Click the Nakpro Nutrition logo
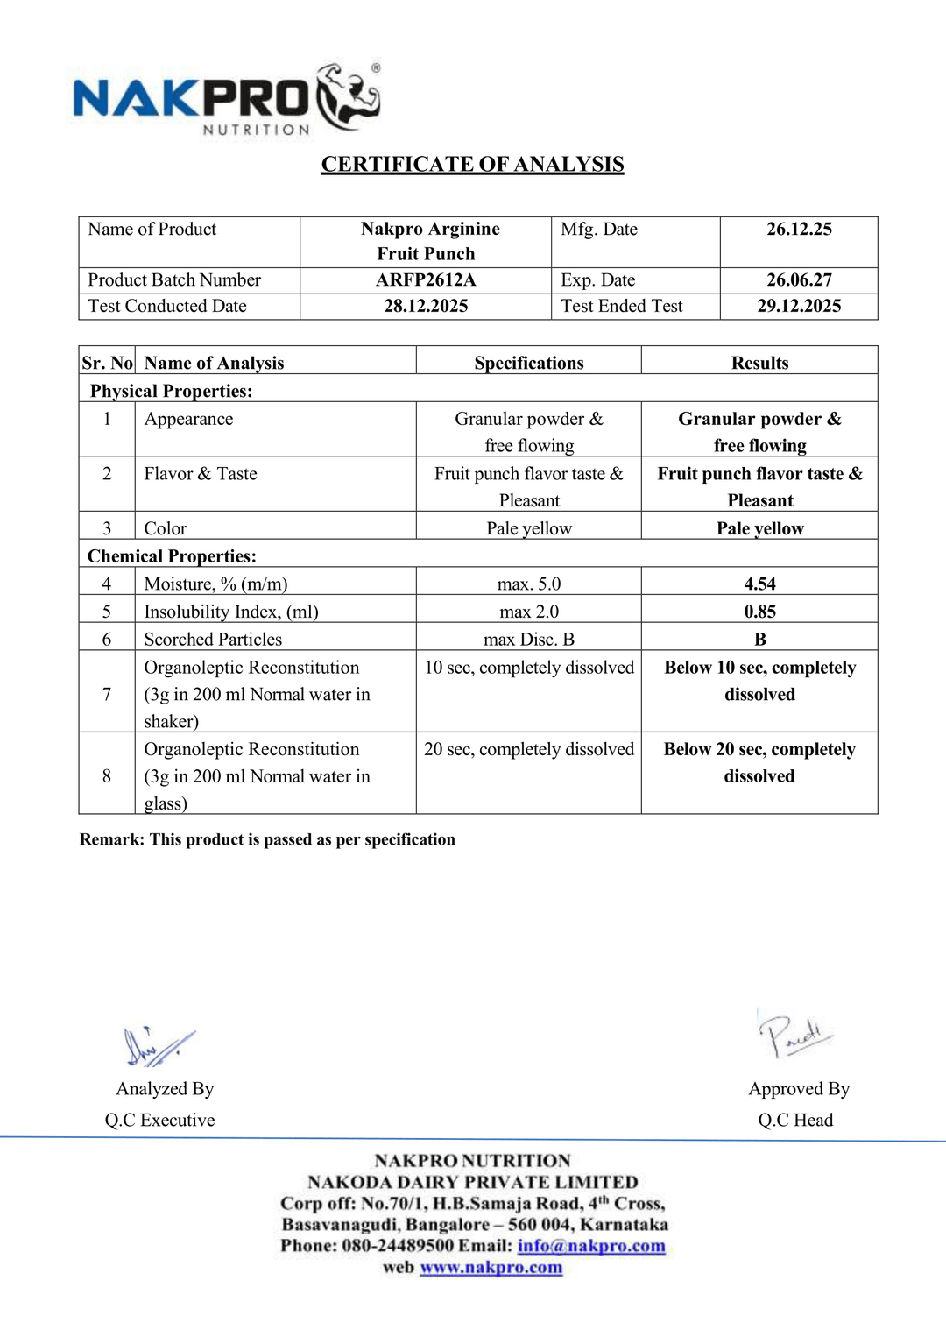pyautogui.click(x=226, y=99)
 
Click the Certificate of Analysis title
pyautogui.click(x=472, y=165)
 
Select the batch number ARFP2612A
pyautogui.click(x=426, y=280)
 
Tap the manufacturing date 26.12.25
pyautogui.click(x=799, y=230)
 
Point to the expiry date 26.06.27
pyautogui.click(x=799, y=280)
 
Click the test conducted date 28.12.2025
pyautogui.click(x=426, y=306)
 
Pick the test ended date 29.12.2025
pyautogui.click(x=799, y=306)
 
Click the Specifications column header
pyautogui.click(x=528, y=363)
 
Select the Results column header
pyautogui.click(x=759, y=363)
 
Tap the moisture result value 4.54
pyautogui.click(x=759, y=584)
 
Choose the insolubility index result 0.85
pyautogui.click(x=759, y=612)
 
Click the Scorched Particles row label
pyautogui.click(x=213, y=640)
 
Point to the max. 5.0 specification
pyautogui.click(x=528, y=584)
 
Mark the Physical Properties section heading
pyautogui.click(x=171, y=391)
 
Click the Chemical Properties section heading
pyautogui.click(x=172, y=556)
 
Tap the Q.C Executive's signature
pyautogui.click(x=158, y=1046)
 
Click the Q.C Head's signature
pyautogui.click(x=794, y=1035)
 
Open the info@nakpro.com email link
pyautogui.click(x=591, y=1246)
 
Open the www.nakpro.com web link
pyautogui.click(x=491, y=1268)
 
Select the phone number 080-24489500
pyautogui.click(x=398, y=1246)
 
